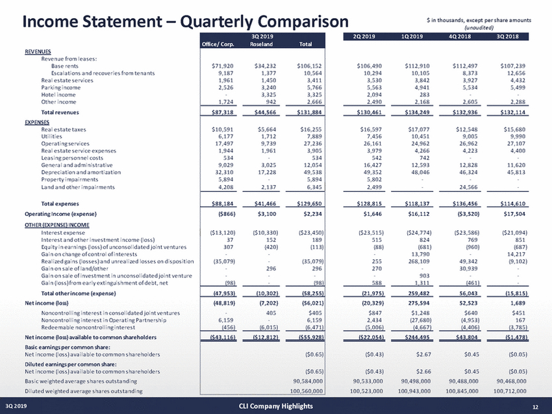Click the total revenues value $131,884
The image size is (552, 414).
point(308,113)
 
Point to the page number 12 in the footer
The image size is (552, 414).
point(534,406)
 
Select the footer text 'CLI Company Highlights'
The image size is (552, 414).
point(276,406)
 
